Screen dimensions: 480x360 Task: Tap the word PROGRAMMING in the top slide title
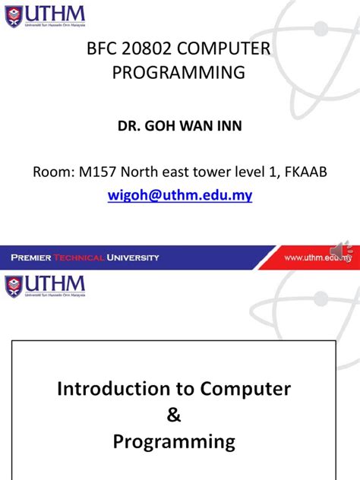point(179,73)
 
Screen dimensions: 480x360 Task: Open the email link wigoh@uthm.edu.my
point(179,195)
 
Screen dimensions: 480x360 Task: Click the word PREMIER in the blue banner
point(31,257)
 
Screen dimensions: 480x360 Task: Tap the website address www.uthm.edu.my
point(318,258)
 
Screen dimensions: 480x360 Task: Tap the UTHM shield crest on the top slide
point(14,15)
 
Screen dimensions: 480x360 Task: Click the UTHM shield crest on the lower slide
point(14,287)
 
